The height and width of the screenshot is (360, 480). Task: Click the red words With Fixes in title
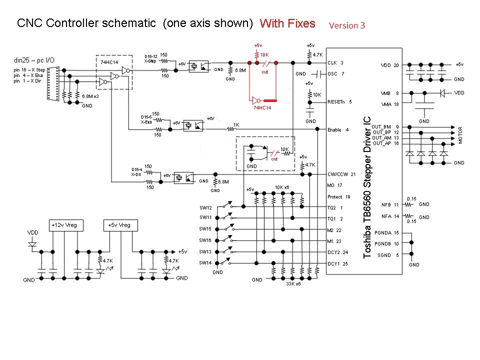tap(287, 23)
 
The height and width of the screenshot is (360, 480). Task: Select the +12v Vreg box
tap(65, 225)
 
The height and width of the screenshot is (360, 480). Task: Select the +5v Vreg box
tap(118, 225)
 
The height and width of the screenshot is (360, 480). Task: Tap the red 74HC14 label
tap(263, 107)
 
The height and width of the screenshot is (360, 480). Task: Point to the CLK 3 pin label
tap(335, 63)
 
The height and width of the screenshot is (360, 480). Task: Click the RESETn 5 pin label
tap(340, 101)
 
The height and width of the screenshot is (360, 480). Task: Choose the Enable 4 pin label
tap(338, 130)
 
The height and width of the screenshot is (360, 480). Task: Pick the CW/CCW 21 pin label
tap(341, 174)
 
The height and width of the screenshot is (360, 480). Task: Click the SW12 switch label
tap(205, 207)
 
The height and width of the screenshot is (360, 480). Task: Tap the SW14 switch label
tap(205, 262)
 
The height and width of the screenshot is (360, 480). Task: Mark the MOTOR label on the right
tap(460, 135)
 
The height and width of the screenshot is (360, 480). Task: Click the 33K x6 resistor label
tap(293, 284)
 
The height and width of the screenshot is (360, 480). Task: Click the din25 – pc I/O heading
tap(34, 60)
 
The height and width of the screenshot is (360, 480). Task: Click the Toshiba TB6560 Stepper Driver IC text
tap(367, 187)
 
